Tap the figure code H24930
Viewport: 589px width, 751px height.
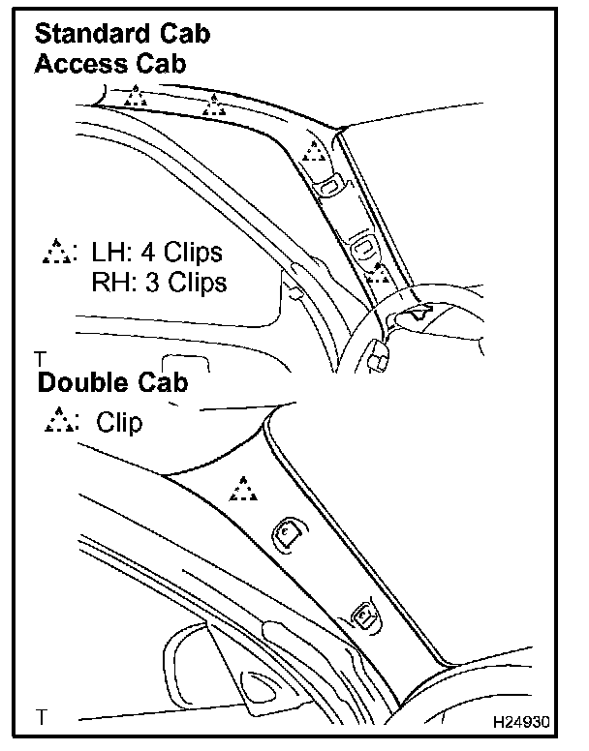tap(524, 723)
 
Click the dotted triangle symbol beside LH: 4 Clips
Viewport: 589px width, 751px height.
tap(59, 253)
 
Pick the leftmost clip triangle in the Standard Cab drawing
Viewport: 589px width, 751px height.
tap(138, 96)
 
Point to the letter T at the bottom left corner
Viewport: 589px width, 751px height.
tap(41, 717)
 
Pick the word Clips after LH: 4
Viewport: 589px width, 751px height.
tap(193, 254)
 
